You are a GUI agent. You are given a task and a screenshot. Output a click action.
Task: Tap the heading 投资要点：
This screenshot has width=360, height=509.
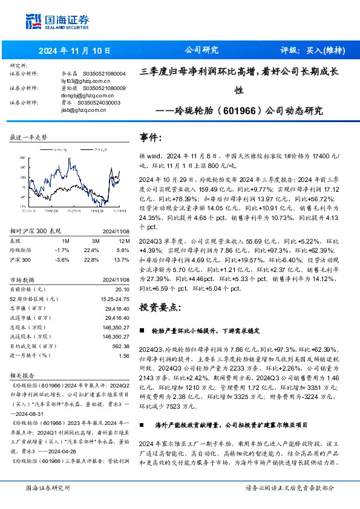(160, 307)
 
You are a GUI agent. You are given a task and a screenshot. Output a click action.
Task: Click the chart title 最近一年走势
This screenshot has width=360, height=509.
(28, 138)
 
